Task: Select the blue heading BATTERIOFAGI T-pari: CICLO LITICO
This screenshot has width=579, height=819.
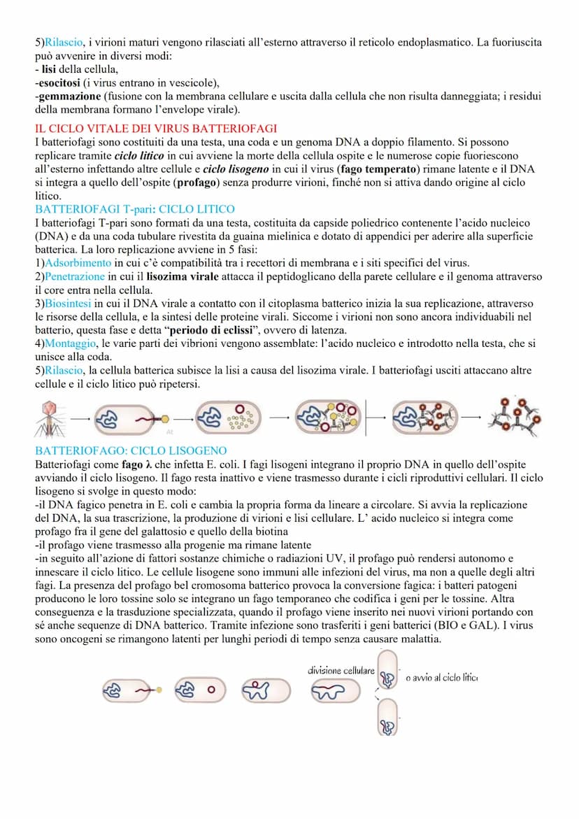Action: pos(135,209)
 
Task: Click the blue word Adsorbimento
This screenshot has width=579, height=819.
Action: pos(78,263)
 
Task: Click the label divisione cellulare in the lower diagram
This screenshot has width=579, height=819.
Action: pos(341,670)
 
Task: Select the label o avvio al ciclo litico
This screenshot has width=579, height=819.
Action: pos(441,677)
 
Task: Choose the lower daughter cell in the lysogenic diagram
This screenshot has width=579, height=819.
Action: pos(387,719)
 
